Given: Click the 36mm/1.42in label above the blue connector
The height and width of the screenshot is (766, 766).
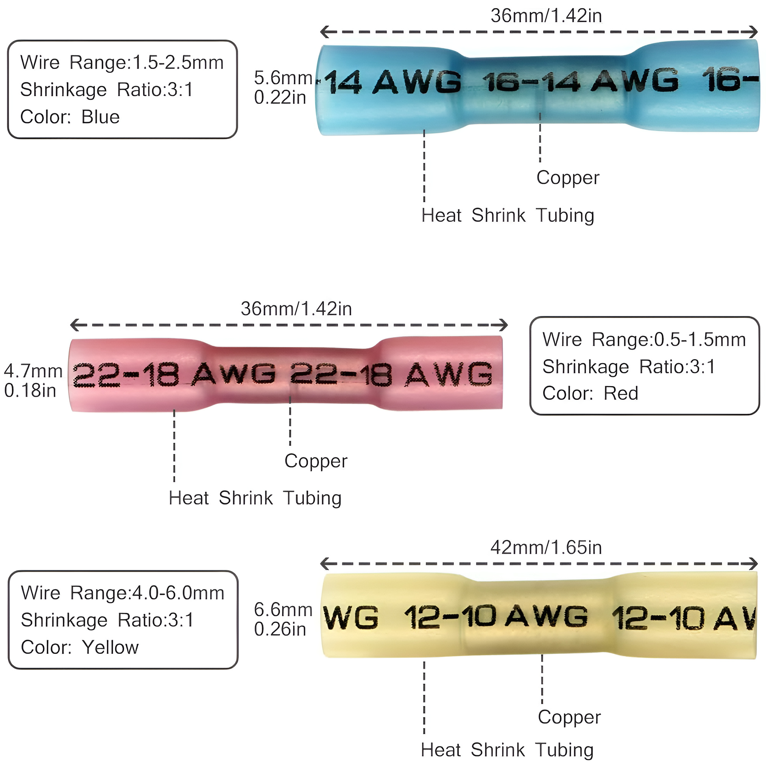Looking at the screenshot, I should pyautogui.click(x=546, y=16).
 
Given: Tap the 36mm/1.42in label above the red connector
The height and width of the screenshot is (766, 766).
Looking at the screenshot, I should pyautogui.click(x=296, y=309).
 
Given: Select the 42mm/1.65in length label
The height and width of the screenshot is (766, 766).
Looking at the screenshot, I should pyautogui.click(x=546, y=548).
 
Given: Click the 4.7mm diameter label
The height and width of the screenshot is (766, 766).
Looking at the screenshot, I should pyautogui.click(x=33, y=371).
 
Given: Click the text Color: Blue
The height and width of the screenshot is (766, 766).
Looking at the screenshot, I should pyautogui.click(x=70, y=117).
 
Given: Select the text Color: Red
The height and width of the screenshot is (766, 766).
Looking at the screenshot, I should pyautogui.click(x=590, y=393).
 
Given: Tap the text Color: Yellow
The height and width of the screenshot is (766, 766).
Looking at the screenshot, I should pyautogui.click(x=80, y=647).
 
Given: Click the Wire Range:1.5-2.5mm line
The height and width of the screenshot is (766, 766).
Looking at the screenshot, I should pyautogui.click(x=122, y=63).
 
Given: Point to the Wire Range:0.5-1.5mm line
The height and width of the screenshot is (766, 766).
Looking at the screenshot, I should pyautogui.click(x=644, y=339).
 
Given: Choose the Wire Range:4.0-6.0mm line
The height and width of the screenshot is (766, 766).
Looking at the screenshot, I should pyautogui.click(x=123, y=593).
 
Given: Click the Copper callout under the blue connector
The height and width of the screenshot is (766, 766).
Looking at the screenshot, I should pyautogui.click(x=568, y=178).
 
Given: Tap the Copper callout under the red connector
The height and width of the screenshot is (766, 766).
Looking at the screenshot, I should pyautogui.click(x=316, y=461).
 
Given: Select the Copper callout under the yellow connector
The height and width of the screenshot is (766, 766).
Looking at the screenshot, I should pyautogui.click(x=569, y=717).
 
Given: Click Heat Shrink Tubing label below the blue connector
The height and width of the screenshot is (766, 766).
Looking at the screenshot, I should pyautogui.click(x=507, y=215).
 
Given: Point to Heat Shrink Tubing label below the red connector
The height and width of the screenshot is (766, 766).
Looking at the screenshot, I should pyautogui.click(x=255, y=498).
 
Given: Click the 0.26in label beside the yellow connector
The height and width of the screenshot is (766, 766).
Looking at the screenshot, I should pyautogui.click(x=280, y=629).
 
